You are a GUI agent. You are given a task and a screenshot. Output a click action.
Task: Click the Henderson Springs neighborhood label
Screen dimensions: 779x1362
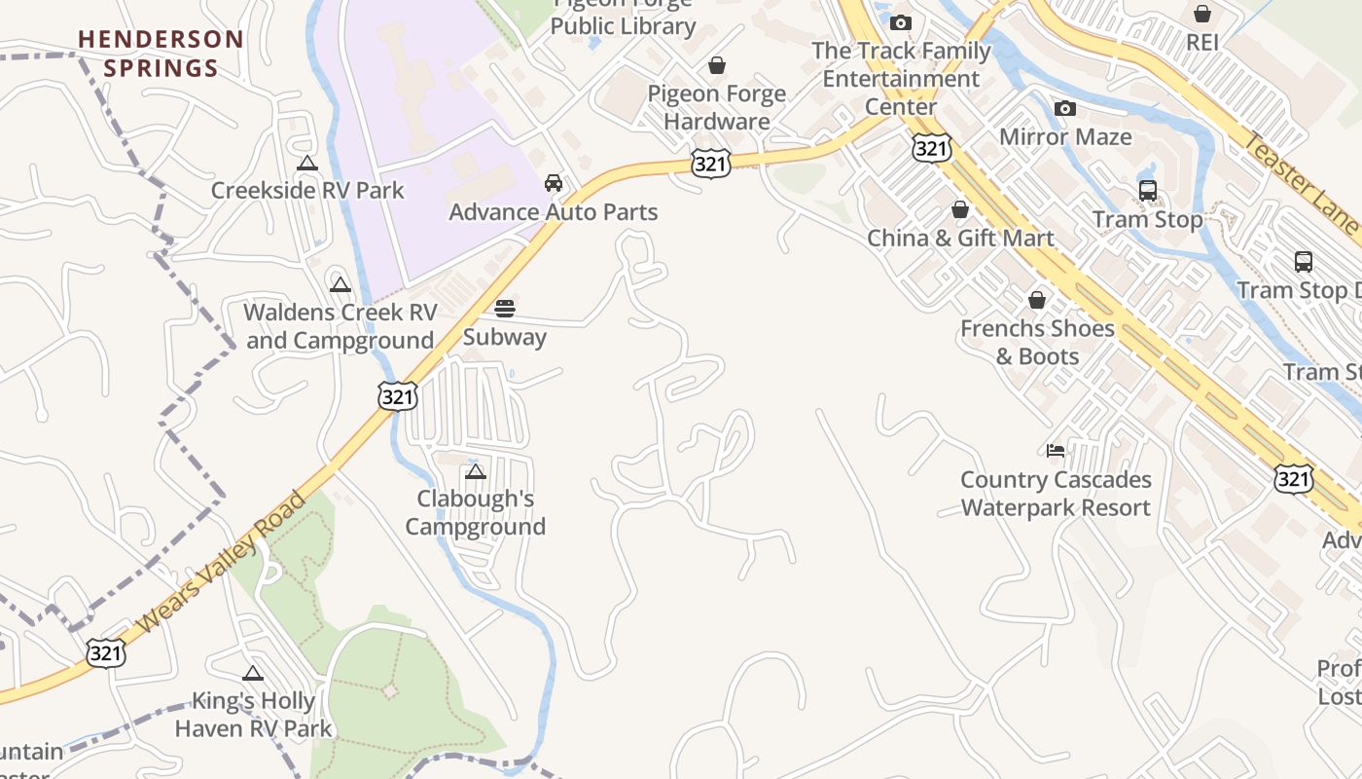(x=161, y=54)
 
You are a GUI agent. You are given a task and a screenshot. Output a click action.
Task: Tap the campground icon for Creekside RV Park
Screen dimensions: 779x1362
(x=307, y=164)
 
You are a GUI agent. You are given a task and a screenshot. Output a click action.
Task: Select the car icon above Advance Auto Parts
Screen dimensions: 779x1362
(x=554, y=183)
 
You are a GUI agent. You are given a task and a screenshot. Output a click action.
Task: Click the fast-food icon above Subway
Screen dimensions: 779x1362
(x=505, y=309)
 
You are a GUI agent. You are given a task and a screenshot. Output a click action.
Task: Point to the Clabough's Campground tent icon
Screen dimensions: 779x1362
(x=476, y=472)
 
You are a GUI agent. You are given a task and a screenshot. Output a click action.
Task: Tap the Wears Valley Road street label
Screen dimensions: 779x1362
(x=221, y=563)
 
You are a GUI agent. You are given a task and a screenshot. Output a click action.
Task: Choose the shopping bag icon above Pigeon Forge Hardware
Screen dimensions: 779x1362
(x=717, y=65)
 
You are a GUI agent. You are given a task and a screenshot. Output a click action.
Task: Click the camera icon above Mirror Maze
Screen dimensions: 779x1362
(x=1065, y=108)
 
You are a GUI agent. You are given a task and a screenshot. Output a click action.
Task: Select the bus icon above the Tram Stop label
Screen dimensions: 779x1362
(x=1148, y=191)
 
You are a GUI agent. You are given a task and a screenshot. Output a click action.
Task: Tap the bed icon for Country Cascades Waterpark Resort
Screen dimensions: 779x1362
(x=1056, y=450)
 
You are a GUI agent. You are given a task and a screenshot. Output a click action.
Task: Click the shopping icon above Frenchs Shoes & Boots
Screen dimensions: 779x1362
(x=1037, y=300)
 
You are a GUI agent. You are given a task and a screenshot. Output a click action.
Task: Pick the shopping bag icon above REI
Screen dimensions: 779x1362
(x=1202, y=14)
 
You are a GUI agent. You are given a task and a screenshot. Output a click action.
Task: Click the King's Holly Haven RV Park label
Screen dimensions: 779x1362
(x=253, y=715)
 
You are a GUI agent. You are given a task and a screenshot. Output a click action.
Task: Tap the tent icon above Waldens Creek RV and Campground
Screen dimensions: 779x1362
(x=340, y=284)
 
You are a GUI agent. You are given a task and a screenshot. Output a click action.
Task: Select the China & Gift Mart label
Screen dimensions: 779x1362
(x=960, y=239)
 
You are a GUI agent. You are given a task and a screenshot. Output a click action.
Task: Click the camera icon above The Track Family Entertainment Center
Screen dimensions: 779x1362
(x=901, y=22)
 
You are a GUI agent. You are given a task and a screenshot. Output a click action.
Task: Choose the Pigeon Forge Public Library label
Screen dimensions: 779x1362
(x=624, y=19)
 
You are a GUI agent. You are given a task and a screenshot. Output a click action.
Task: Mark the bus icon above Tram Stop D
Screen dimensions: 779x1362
(x=1304, y=262)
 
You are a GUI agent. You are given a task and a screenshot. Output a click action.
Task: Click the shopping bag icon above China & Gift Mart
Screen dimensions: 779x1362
(x=960, y=209)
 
